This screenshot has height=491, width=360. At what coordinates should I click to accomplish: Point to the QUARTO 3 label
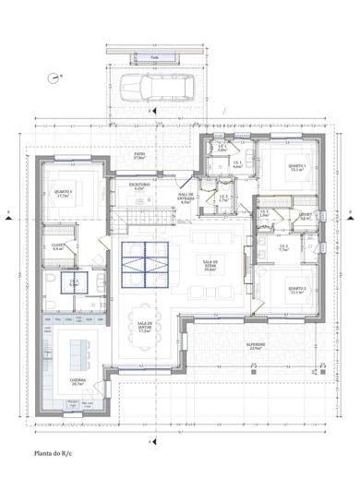pyautogui.click(x=64, y=195)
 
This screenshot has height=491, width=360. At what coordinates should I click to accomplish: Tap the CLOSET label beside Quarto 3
pyautogui.click(x=57, y=247)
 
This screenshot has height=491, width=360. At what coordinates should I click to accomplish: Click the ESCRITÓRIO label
pyautogui.click(x=139, y=186)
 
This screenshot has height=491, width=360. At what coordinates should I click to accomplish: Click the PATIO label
pyautogui.click(x=140, y=157)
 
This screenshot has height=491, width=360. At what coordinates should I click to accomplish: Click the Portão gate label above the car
pyautogui.click(x=155, y=57)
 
